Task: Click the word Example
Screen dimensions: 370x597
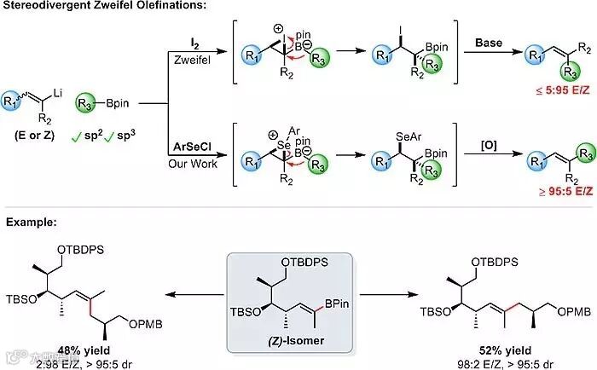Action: [31, 223]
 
